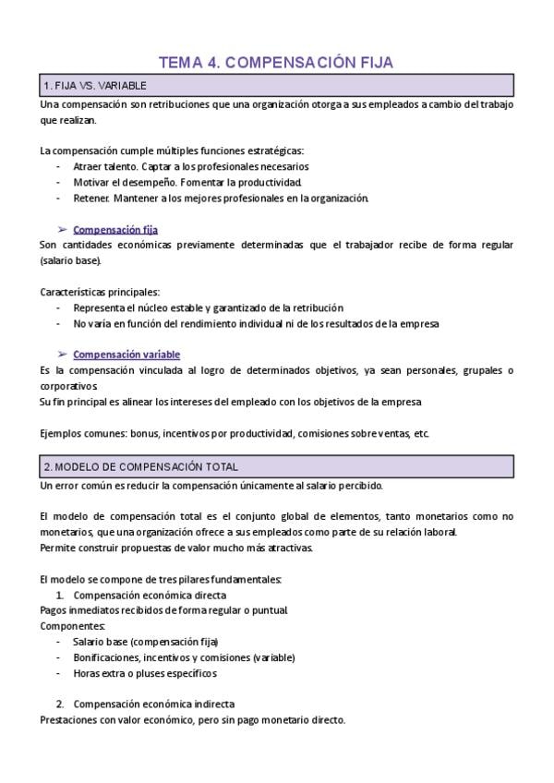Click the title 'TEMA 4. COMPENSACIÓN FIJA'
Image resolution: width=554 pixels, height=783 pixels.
276,63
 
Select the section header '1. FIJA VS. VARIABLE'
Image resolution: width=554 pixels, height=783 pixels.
95,86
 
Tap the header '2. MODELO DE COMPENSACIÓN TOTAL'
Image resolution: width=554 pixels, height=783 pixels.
140,467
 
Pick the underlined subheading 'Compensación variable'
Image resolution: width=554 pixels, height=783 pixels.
126,354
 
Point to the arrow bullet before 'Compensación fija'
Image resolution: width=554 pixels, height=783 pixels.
62,229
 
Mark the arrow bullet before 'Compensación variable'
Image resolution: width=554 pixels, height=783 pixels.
62,354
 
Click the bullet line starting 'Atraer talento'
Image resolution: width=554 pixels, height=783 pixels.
190,166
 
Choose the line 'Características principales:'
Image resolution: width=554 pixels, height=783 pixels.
100,292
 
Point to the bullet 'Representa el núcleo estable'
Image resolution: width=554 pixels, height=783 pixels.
208,307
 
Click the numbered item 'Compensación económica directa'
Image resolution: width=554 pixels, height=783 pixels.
149,595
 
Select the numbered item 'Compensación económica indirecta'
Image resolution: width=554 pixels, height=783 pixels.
153,704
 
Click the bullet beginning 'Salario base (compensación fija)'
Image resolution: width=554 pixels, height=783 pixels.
145,642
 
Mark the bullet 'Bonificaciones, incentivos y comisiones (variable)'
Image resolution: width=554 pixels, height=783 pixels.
184,657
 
